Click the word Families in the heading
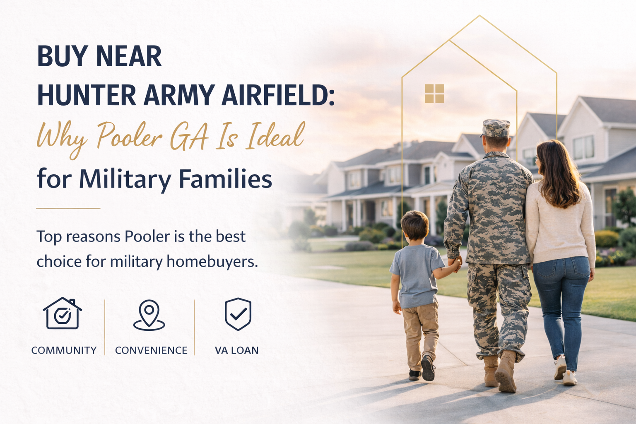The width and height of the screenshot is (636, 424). [225, 179]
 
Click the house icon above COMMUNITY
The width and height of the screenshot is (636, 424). [62, 313]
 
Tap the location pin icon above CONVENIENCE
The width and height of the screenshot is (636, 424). [149, 315]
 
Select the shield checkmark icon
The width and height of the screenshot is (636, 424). [238, 313]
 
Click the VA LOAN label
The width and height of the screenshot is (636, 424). [236, 350]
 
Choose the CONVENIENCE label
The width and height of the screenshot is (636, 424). [151, 350]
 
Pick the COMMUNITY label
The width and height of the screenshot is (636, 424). [64, 350]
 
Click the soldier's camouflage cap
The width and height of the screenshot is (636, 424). [496, 128]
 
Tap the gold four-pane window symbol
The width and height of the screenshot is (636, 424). [434, 93]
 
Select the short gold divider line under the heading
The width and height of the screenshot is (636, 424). [68, 208]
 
